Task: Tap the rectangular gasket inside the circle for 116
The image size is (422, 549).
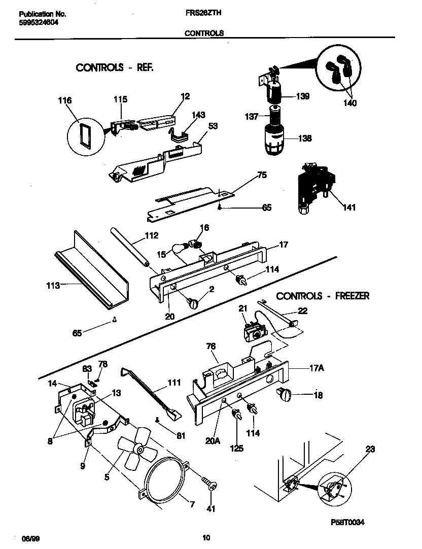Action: point(84,136)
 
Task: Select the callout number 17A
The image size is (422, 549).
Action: point(316,369)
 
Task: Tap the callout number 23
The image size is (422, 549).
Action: point(370,449)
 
